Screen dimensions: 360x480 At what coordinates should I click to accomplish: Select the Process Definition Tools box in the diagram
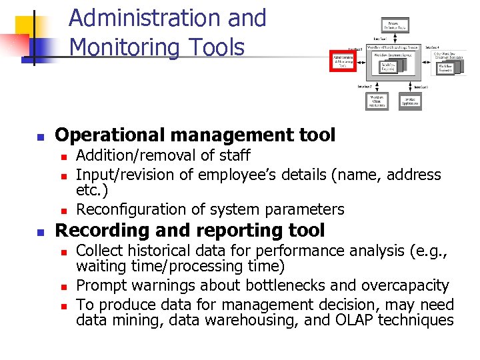pyautogui.click(x=394, y=25)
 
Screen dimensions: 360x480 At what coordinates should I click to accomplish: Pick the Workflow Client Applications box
pyautogui.click(x=377, y=101)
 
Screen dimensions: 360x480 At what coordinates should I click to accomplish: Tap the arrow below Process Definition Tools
pyautogui.click(x=394, y=38)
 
